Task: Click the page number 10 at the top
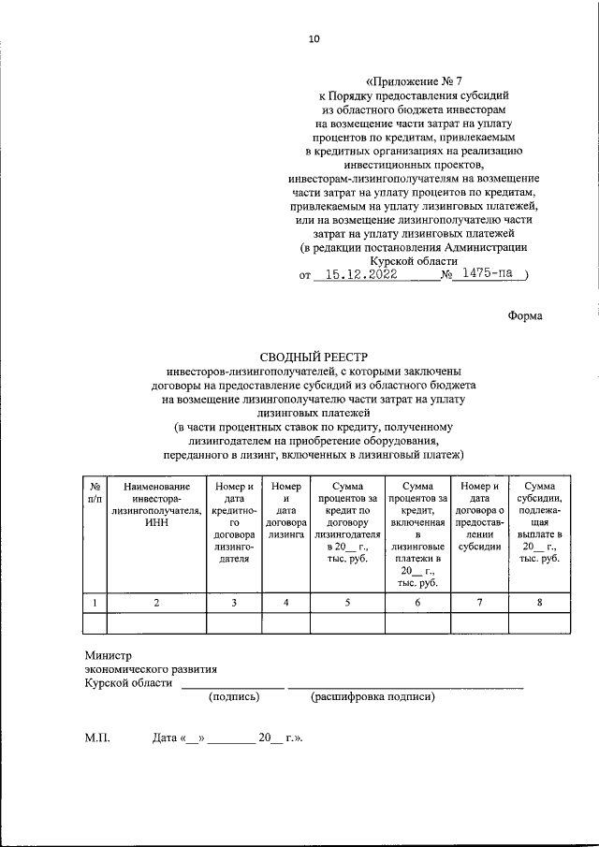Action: (314, 38)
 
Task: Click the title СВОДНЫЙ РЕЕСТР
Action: (314, 357)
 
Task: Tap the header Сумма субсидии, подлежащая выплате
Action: (540, 522)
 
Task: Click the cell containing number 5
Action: (347, 603)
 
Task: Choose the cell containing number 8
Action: (540, 603)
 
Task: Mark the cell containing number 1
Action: (95, 603)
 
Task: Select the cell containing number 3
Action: (233, 603)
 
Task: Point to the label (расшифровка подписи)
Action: (373, 696)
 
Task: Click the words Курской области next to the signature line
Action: (128, 683)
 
